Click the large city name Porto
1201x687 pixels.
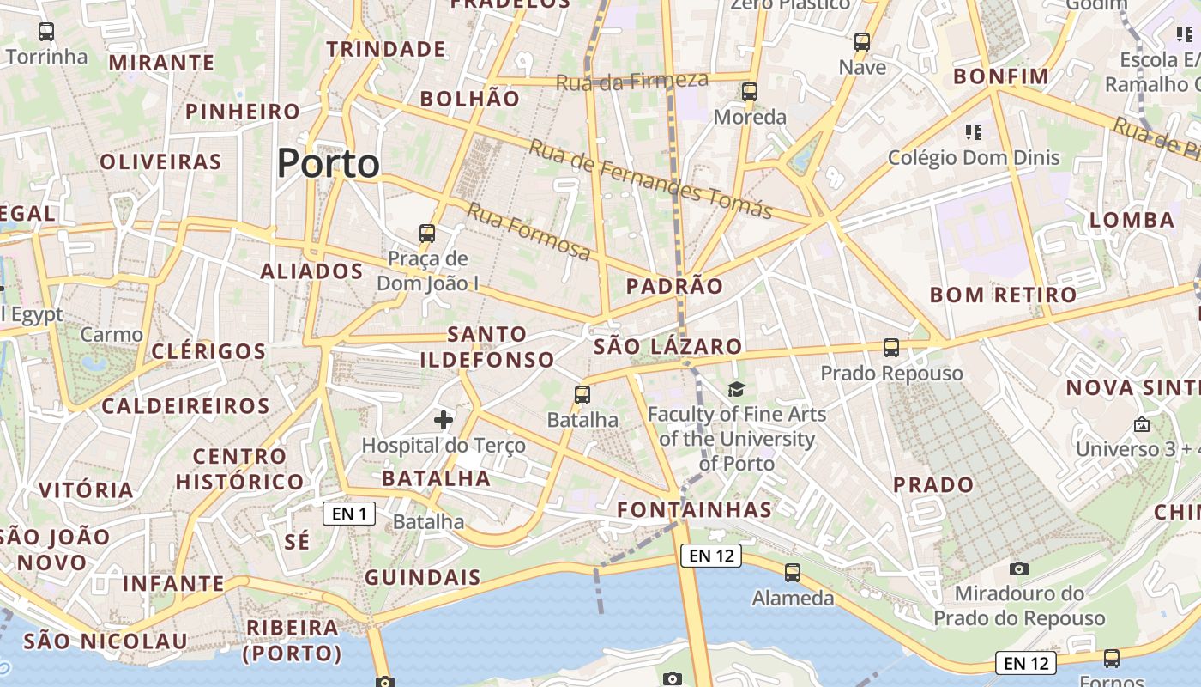[x=329, y=163]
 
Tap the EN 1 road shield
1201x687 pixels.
[x=349, y=514]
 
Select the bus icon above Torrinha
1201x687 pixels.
[x=46, y=33]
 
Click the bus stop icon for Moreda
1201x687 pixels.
[x=750, y=92]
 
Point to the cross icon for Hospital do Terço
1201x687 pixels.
[x=444, y=420]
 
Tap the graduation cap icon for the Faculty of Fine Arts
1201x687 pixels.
[x=736, y=390]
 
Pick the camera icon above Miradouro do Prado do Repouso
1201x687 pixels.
[x=1019, y=568]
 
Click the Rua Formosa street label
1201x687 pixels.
[x=529, y=231]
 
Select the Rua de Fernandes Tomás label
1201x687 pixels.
[x=650, y=179]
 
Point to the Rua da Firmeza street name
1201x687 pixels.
[x=632, y=82]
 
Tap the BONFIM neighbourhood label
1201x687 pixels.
[x=1001, y=76]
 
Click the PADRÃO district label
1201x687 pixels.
[x=674, y=286]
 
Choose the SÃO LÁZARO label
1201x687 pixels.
[x=667, y=347]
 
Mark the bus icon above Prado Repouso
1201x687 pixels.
[x=891, y=348]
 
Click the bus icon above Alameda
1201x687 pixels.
[x=793, y=573]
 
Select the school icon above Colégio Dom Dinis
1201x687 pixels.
[x=974, y=132]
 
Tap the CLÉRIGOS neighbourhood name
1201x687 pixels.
[x=208, y=351]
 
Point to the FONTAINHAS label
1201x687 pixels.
[x=695, y=509]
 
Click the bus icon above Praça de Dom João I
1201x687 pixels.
[x=427, y=233]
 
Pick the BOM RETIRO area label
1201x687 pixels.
[x=1003, y=295]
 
